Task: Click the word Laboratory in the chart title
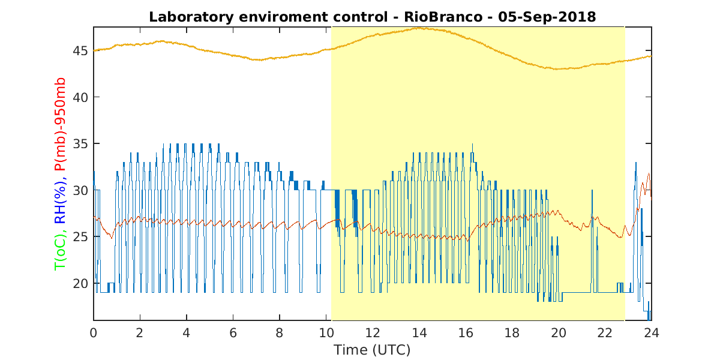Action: point(191,17)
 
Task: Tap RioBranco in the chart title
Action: point(443,17)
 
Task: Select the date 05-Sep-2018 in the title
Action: point(547,17)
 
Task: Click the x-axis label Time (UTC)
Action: point(372,350)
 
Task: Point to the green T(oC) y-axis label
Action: point(60,251)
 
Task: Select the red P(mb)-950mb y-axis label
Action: point(60,124)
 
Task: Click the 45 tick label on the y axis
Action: point(80,51)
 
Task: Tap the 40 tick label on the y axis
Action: point(80,97)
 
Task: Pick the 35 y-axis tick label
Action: point(80,143)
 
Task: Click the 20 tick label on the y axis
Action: point(80,283)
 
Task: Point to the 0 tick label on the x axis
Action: point(93,333)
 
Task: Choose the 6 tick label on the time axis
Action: point(233,333)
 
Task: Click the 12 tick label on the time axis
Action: point(373,333)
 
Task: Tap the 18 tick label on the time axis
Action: point(512,333)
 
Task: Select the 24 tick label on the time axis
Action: point(652,333)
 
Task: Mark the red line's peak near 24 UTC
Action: point(649,174)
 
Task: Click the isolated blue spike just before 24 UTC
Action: point(635,163)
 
